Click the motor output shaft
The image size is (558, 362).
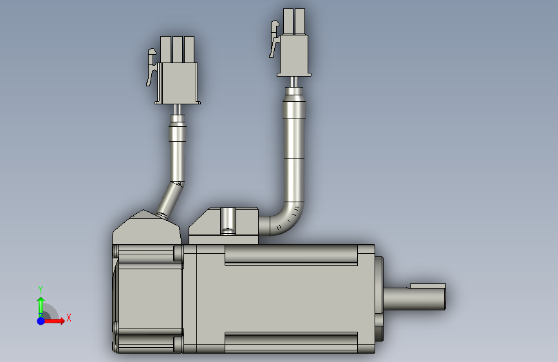pos(414,299)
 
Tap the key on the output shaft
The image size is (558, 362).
pos(428,286)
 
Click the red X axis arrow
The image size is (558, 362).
pos(53,321)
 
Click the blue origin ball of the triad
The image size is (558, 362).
pos(41,321)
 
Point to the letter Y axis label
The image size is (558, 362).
pos(41,289)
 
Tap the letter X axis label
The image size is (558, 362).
pos(69,318)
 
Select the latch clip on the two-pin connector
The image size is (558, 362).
pos(274,39)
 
